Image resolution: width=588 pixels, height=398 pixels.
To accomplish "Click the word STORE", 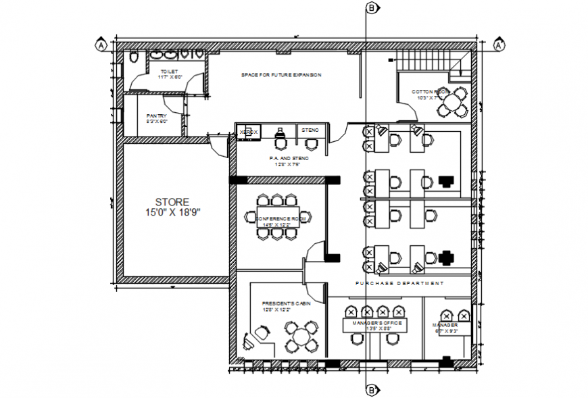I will pyautogui.click(x=172, y=201).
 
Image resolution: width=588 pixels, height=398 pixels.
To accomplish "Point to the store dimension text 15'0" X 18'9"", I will pyautogui.click(x=172, y=212).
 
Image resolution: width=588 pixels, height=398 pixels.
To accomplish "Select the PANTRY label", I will pyautogui.click(x=156, y=116).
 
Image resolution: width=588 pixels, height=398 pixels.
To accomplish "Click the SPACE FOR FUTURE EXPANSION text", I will pyautogui.click(x=281, y=75).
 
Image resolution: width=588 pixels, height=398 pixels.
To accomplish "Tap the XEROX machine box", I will pyautogui.click(x=249, y=132).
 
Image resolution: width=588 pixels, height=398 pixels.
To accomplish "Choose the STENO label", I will pyautogui.click(x=310, y=129).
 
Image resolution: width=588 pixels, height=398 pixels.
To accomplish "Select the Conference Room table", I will pyautogui.click(x=276, y=218).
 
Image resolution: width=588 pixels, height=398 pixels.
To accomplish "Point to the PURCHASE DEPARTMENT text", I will pyautogui.click(x=399, y=283).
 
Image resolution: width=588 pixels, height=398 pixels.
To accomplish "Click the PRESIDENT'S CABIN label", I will pyautogui.click(x=287, y=305).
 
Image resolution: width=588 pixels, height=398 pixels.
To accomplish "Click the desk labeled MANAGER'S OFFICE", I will pyautogui.click(x=375, y=325).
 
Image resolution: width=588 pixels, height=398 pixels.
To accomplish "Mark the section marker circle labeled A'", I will pyautogui.click(x=499, y=45).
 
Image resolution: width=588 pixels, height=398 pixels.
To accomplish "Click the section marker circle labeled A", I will pyautogui.click(x=101, y=45).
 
